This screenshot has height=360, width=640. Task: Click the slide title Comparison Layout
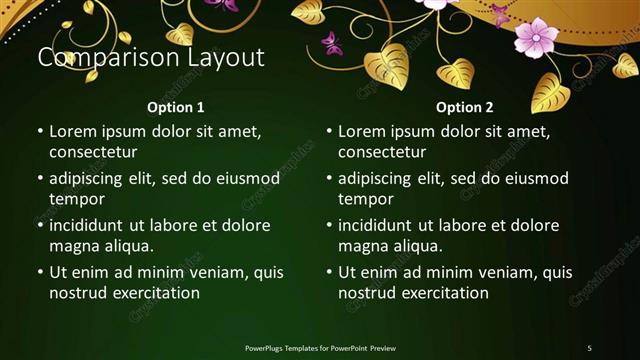pos(151,58)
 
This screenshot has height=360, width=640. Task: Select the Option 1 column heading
pos(176,107)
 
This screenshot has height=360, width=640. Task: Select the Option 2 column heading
pos(465,107)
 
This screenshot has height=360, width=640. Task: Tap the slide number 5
pos(589,348)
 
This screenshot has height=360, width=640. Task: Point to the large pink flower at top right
pos(536,37)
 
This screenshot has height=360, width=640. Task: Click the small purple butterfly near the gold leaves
pos(331,43)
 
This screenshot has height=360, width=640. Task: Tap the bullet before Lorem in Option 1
pos(39,132)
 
